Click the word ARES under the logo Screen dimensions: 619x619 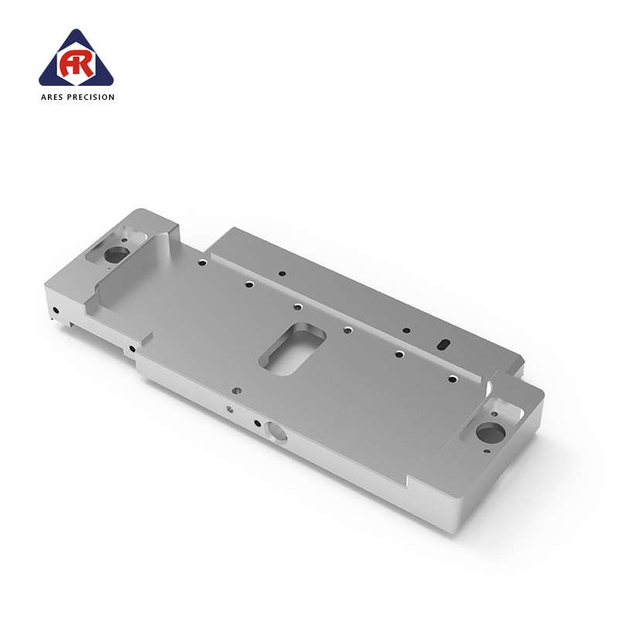pyautogui.click(x=53, y=97)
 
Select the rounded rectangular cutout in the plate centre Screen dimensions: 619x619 pyautogui.click(x=292, y=349)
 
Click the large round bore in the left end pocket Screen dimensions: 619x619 pyautogui.click(x=118, y=255)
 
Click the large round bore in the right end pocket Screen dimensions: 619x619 pyautogui.click(x=491, y=433)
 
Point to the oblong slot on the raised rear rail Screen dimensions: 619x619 pyautogui.click(x=443, y=344)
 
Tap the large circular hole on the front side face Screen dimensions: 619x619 pyautogui.click(x=275, y=432)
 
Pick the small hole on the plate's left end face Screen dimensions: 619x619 pyautogui.click(x=56, y=310)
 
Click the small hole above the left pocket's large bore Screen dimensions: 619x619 pyautogui.click(x=125, y=240)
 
